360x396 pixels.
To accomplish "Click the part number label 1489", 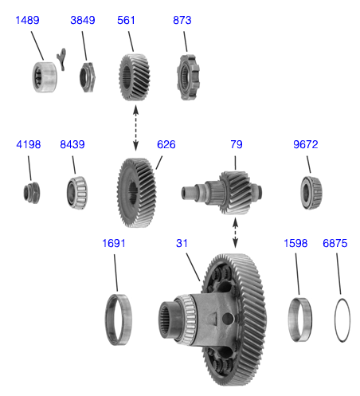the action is coord(27,20).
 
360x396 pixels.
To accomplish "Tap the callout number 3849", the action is coord(83,20).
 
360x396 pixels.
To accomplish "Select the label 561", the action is coord(126,20).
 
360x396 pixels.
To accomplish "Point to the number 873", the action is coord(182,20).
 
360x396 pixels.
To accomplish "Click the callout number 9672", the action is coord(306,144).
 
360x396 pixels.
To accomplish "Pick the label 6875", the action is coord(335,243).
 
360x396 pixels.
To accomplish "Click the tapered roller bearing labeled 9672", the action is coord(311,193).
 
